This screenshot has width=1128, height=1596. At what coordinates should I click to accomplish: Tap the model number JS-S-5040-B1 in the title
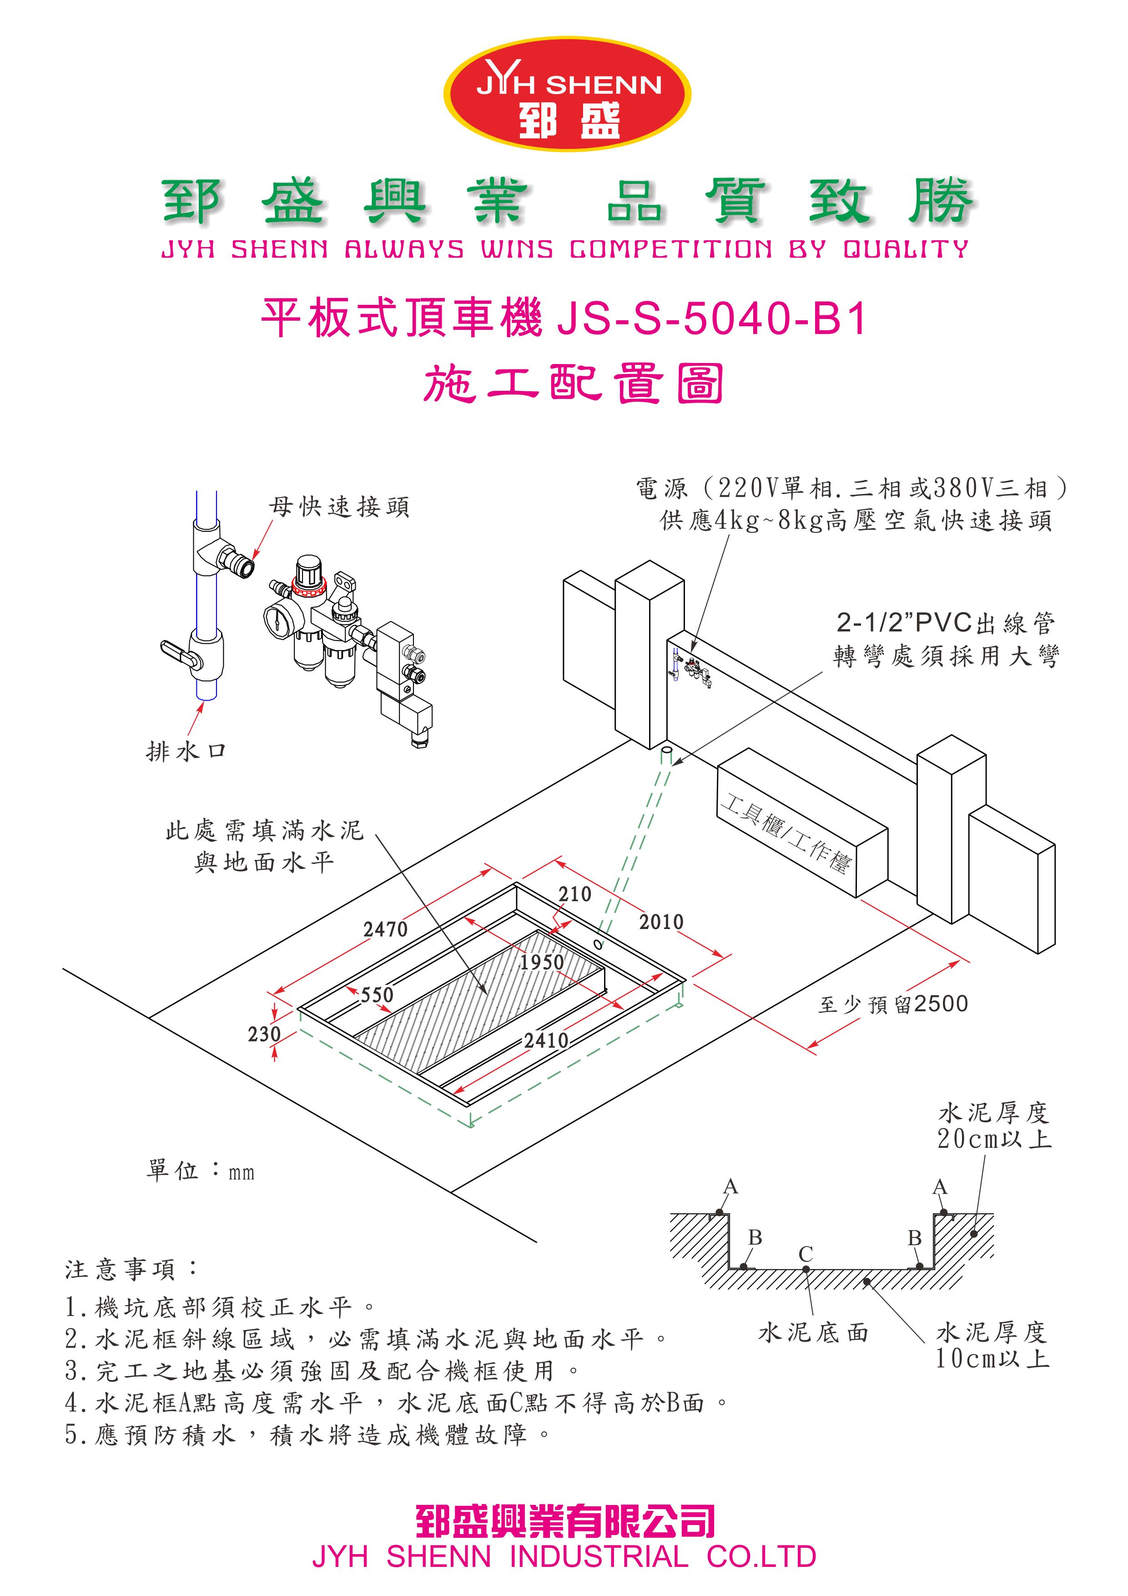[712, 319]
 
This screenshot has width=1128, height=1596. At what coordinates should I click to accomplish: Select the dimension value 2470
[385, 929]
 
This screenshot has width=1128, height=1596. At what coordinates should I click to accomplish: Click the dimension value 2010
[661, 922]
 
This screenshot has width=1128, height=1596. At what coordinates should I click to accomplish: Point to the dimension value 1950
[541, 962]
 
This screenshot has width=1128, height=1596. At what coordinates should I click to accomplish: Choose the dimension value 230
[264, 1034]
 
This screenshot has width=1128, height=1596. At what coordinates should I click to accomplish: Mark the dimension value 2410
[546, 1040]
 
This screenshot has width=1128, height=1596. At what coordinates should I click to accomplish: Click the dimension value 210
[575, 894]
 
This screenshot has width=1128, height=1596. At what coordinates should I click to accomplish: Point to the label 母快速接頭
[339, 507]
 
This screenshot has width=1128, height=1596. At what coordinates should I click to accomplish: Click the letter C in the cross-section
[806, 1254]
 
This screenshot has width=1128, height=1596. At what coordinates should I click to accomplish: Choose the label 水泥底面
[813, 1333]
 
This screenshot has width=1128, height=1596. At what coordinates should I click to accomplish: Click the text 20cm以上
[994, 1139]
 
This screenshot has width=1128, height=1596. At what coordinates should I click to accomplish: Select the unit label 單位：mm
[200, 1171]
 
